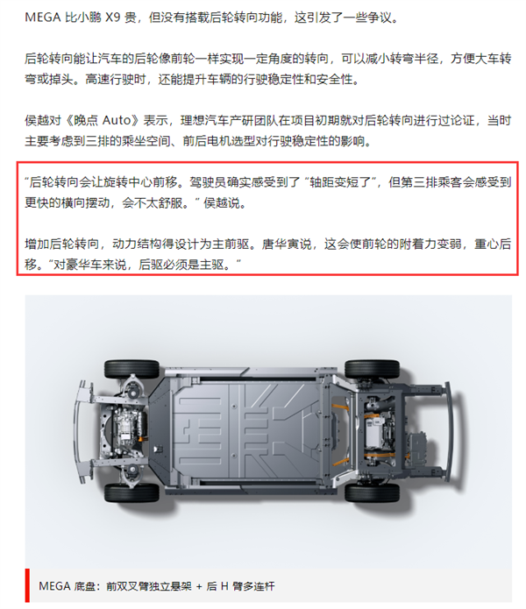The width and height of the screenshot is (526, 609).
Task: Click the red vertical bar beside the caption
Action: tap(27, 584)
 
